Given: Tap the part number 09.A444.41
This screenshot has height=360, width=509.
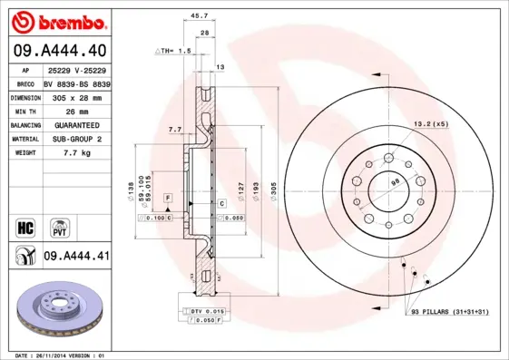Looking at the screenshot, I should (x=76, y=257).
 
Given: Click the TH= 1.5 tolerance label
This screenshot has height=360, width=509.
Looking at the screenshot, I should (x=174, y=51).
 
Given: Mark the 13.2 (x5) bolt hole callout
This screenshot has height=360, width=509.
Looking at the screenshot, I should (x=433, y=123).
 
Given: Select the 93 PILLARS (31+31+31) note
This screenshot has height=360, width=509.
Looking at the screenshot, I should (x=448, y=312).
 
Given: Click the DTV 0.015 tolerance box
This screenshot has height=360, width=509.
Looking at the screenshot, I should (x=204, y=311).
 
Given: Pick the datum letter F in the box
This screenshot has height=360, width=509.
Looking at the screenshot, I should (x=168, y=197).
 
